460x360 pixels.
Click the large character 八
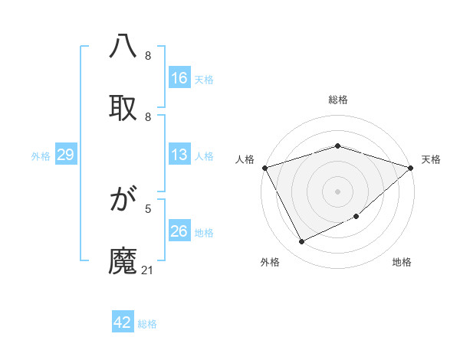click(123, 48)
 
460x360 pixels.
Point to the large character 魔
click(123, 259)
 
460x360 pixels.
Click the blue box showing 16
click(179, 77)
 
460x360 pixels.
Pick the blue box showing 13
click(179, 155)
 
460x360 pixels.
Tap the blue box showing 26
click(179, 231)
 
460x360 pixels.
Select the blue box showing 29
click(65, 155)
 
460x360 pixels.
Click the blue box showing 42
click(123, 322)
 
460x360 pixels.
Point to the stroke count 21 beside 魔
click(148, 270)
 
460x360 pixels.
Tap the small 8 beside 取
click(148, 117)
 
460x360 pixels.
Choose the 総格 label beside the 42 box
click(147, 324)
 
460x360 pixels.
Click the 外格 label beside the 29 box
click(41, 156)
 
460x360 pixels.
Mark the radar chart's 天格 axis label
click(431, 159)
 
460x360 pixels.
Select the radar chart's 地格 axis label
click(402, 262)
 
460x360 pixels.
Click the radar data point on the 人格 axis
click(264, 168)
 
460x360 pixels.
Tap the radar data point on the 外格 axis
click(301, 242)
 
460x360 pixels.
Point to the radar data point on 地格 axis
click(356, 217)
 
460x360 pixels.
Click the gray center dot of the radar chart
click(337, 191)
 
